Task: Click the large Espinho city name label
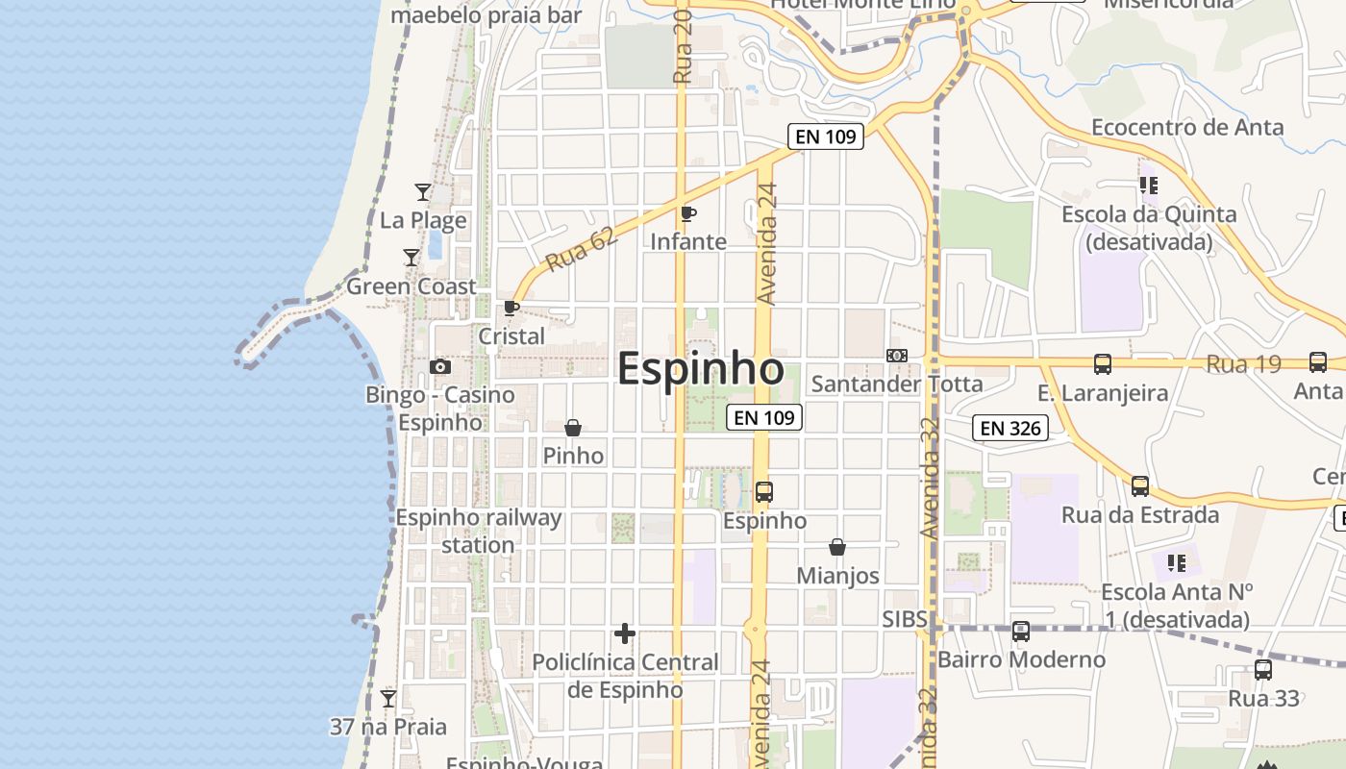[x=700, y=369]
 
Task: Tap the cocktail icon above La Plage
[x=422, y=192]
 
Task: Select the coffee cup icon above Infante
[x=687, y=213]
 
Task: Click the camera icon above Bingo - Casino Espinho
[x=440, y=366]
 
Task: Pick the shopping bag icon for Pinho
[x=573, y=428]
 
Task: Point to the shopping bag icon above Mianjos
[x=837, y=547]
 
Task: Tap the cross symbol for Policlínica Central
[x=625, y=633]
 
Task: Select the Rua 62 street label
[x=580, y=249]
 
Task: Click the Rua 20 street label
[x=684, y=48]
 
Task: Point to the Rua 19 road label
[x=1243, y=364]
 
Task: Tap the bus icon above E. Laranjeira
[x=1103, y=364]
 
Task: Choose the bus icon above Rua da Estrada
[x=1140, y=486]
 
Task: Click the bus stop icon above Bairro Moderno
[x=1021, y=632]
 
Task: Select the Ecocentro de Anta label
[x=1187, y=127]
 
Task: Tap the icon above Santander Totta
[x=897, y=356]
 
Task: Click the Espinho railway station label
[x=478, y=531]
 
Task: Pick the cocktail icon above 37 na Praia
[x=388, y=699]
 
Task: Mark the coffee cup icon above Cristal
[x=511, y=309]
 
